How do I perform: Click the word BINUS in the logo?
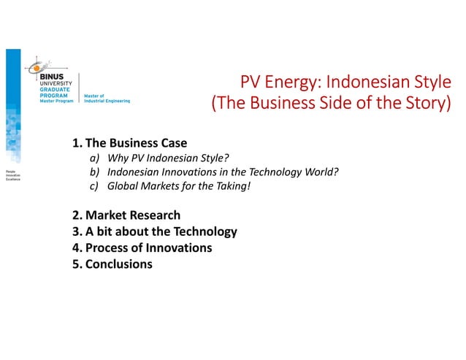[53, 76]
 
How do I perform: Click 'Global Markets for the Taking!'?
[178, 186]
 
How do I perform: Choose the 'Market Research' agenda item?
[132, 215]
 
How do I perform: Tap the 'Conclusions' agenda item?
[118, 264]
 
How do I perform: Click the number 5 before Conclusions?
[76, 264]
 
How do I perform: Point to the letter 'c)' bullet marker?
[94, 186]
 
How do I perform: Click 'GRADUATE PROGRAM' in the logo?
[56, 93]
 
